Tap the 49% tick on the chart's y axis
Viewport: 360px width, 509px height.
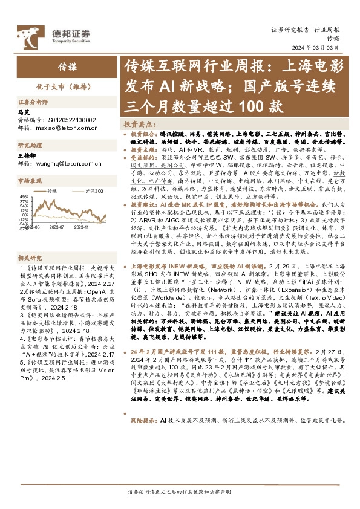24,197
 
